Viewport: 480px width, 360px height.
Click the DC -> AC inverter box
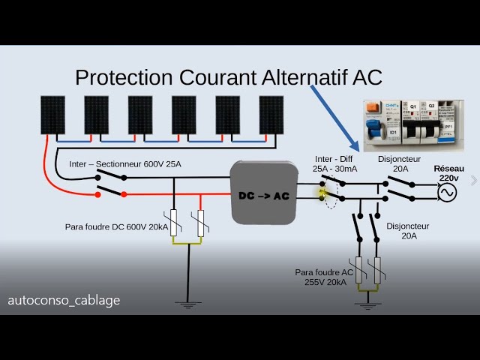tap(264, 192)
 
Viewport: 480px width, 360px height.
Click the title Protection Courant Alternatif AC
tap(229, 77)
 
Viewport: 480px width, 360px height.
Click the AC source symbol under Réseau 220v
tap(448, 193)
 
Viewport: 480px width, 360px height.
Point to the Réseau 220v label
tap(448, 174)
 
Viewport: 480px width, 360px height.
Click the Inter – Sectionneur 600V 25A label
tap(125, 163)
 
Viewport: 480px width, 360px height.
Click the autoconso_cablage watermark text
tap(64, 300)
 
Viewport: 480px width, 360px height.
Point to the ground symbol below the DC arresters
tap(187, 303)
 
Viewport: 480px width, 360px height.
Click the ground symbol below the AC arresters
tap(367, 304)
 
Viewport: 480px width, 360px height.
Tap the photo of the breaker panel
tap(409, 124)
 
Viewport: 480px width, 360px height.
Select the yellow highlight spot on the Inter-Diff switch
tap(323, 193)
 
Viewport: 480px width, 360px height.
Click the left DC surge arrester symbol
tap(174, 223)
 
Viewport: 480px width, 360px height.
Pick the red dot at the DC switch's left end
tap(97, 194)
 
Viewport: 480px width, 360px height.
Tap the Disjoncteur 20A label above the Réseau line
tap(400, 163)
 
